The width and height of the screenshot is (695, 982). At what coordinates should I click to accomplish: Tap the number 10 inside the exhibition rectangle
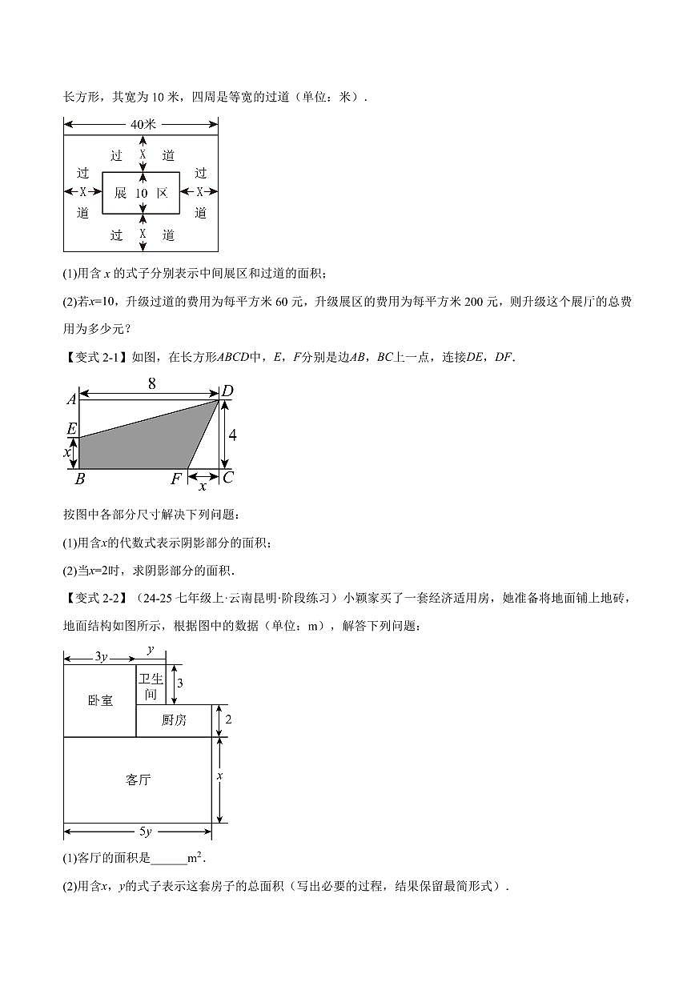141,193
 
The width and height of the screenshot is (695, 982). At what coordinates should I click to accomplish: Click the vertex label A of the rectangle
71,399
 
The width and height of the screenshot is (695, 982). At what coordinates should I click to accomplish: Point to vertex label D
227,391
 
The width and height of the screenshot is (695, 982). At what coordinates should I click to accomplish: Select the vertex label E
71,429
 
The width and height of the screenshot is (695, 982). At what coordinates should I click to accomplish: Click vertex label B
79,480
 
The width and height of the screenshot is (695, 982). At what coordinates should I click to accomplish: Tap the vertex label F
176,480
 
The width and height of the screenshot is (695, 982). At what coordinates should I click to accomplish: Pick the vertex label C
228,479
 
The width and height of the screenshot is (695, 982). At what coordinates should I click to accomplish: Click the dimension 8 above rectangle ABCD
151,383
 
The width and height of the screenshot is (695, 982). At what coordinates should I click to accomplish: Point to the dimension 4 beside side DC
232,435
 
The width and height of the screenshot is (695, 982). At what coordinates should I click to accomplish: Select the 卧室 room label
100,700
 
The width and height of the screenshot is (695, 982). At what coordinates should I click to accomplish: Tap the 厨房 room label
174,719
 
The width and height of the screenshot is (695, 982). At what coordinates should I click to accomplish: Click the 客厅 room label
138,780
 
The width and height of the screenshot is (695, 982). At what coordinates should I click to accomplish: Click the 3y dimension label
101,656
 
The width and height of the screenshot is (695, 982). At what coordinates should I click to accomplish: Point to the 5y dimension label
139,832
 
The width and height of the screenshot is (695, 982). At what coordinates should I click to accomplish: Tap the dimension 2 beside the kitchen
228,719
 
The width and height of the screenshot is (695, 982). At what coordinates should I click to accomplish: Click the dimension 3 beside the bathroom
180,683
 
